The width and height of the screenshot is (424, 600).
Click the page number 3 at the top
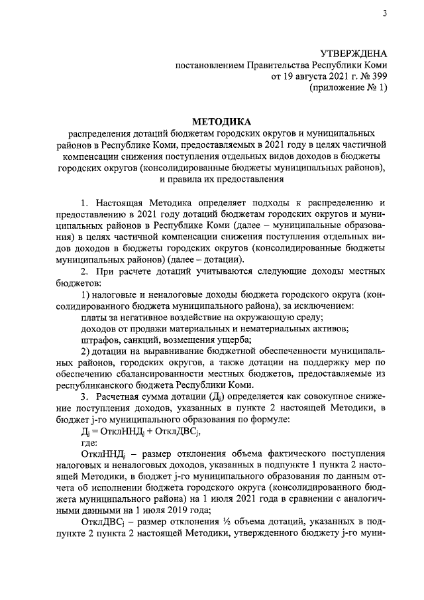[x=384, y=15]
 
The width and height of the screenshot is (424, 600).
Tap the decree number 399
[x=378, y=77]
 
